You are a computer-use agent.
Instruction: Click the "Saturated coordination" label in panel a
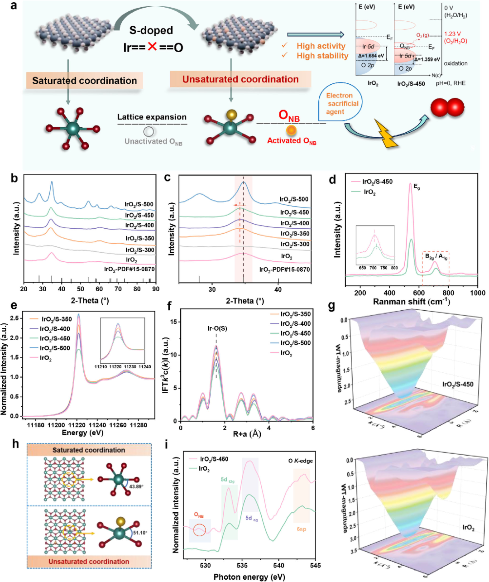[x=85, y=81]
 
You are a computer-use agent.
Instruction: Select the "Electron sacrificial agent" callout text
[x=342, y=103]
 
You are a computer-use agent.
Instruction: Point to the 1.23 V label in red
[x=452, y=34]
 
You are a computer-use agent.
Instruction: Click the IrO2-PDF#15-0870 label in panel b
[x=129, y=269]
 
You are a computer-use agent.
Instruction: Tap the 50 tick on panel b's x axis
[x=81, y=289]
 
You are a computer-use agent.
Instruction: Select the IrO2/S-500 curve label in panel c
[x=294, y=199]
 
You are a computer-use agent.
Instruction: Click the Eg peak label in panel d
[x=417, y=187]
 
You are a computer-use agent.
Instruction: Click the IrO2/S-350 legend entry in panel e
[x=57, y=319]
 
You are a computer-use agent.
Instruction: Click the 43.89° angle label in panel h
[x=136, y=486]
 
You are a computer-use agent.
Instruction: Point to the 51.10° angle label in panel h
[x=140, y=533]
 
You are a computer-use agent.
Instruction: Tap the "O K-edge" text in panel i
[x=301, y=461]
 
